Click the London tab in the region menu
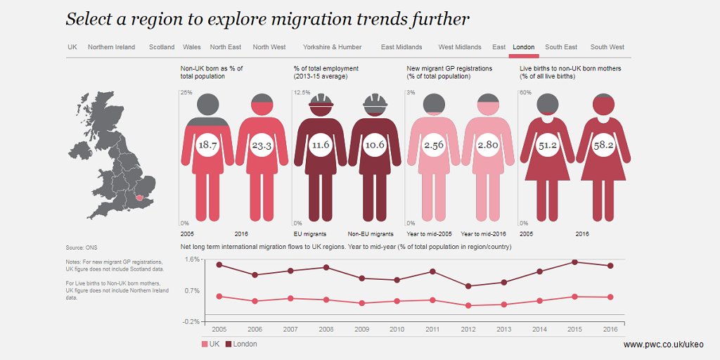tap(524, 47)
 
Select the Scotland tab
tap(162, 47)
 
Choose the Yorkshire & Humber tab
tap(332, 47)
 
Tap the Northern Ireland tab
tap(111, 47)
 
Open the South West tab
tap(607, 47)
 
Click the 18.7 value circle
tap(207, 146)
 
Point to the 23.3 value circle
tap(262, 146)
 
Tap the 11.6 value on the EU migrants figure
tap(321, 146)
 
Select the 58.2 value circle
tap(602, 146)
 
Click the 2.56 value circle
tap(434, 146)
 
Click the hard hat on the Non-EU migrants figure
tap(375, 103)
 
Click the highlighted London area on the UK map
tap(139, 198)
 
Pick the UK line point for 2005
tap(219, 296)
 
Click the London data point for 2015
tap(574, 262)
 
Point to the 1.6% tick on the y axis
tap(192, 259)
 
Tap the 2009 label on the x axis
tap(361, 329)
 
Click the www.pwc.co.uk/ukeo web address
tap(662, 345)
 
